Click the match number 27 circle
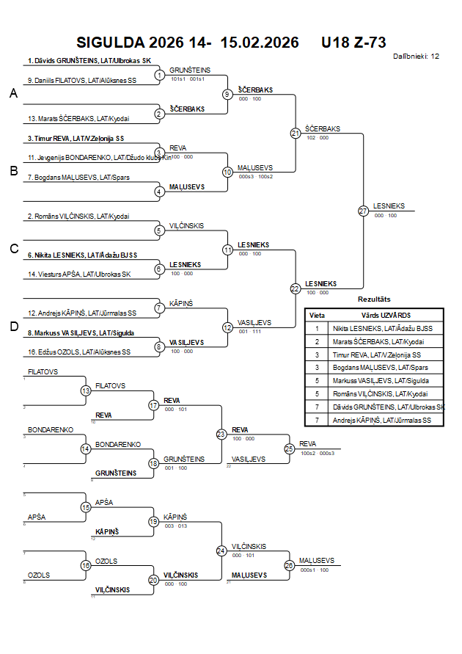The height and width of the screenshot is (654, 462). [x=363, y=211]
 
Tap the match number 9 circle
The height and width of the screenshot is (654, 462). [x=227, y=94]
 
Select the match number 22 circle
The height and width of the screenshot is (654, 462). [x=296, y=288]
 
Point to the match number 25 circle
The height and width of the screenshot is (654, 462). [x=289, y=448]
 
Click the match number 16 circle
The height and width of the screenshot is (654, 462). [x=86, y=565]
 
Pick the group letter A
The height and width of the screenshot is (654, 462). [x=13, y=94]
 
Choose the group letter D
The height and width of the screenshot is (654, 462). [x=13, y=327]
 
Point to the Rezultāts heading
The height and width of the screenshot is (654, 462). [x=374, y=299]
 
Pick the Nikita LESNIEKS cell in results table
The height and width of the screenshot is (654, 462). [x=382, y=328]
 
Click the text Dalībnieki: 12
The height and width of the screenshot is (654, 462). [x=416, y=56]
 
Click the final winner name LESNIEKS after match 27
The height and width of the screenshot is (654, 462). [x=389, y=206]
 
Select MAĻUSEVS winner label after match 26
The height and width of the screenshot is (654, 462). [x=317, y=561]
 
